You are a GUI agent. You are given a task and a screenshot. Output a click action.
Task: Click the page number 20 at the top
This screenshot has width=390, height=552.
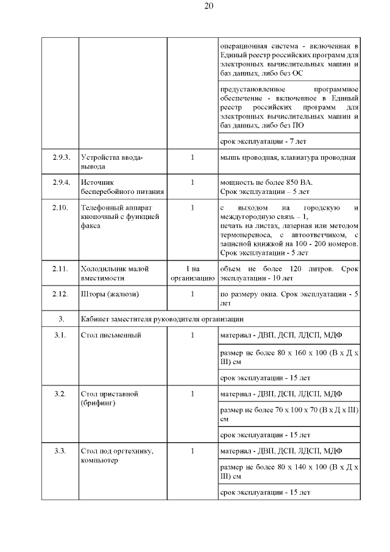point(208,7)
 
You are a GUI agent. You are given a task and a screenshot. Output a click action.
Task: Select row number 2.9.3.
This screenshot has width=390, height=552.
point(61,158)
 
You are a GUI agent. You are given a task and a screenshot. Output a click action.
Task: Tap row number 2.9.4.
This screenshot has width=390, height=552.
point(61,182)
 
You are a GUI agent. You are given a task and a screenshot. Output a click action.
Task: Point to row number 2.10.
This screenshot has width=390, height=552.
point(61,208)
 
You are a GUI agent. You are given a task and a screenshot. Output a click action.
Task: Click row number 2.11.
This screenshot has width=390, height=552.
point(61,269)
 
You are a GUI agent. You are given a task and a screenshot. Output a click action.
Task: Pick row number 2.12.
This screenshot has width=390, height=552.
point(61,295)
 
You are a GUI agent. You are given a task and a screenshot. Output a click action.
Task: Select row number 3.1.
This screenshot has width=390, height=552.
point(61,335)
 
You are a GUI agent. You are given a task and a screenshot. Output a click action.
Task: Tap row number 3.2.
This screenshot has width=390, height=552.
point(61,393)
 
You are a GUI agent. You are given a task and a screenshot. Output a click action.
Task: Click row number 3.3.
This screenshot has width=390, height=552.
point(61,451)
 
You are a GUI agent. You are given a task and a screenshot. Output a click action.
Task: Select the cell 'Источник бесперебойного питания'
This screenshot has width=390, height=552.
point(115,187)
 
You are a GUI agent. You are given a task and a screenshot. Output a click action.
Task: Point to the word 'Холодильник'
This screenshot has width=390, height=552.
point(104,269)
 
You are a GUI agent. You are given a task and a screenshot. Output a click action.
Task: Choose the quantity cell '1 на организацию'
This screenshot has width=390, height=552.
point(193,273)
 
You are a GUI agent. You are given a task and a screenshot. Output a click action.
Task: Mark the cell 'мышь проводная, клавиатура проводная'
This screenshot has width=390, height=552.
point(287,158)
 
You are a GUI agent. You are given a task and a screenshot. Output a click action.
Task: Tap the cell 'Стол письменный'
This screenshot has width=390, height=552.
point(111,335)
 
